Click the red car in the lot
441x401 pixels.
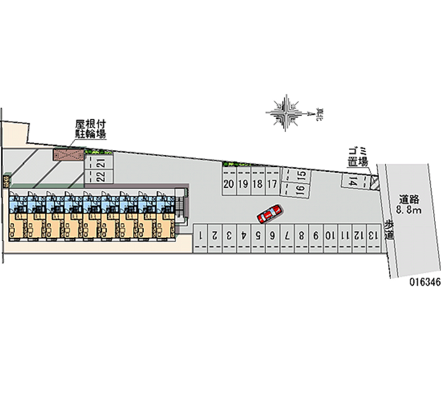click(x=270, y=213)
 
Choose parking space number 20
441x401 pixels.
click(x=229, y=184)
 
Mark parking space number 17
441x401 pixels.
click(x=271, y=184)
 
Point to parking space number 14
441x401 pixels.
click(x=353, y=180)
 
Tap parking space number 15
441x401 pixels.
click(x=302, y=176)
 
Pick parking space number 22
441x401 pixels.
click(x=100, y=176)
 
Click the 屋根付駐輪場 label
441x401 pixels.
click(x=90, y=128)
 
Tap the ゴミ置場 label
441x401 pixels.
click(x=358, y=156)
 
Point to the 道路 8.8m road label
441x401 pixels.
click(x=408, y=205)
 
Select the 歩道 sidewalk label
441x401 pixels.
click(x=389, y=229)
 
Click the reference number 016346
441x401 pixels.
click(x=424, y=281)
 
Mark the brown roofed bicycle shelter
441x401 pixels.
click(x=67, y=155)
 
